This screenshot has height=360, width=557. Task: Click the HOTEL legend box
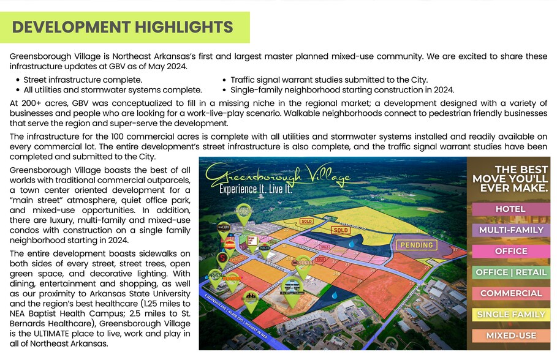click(x=510, y=209)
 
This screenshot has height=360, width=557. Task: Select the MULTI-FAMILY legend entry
click(x=510, y=230)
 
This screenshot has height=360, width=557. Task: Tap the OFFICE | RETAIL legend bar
click(x=510, y=272)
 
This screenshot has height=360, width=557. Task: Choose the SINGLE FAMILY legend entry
click(x=510, y=315)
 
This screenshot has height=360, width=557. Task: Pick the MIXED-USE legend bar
click(x=510, y=336)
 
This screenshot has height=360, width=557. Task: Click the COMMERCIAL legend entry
click(x=510, y=293)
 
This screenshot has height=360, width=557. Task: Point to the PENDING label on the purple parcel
click(x=417, y=245)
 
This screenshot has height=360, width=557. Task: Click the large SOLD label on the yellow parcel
click(x=341, y=230)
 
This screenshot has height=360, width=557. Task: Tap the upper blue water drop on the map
click(x=351, y=243)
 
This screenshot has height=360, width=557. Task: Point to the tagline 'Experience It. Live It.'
click(x=256, y=190)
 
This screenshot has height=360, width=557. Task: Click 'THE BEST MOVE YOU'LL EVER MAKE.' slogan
click(x=510, y=179)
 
